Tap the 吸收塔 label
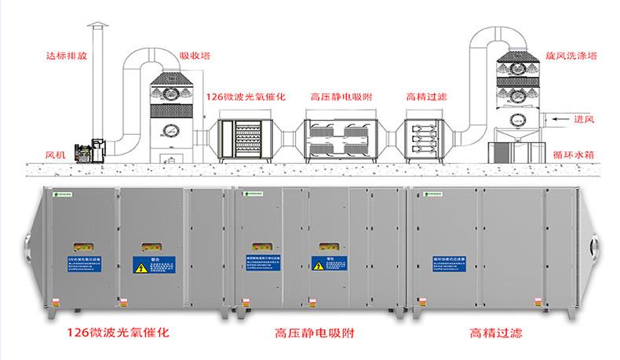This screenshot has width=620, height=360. pyautogui.click(x=195, y=56)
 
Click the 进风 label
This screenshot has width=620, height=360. pyautogui.click(x=585, y=119)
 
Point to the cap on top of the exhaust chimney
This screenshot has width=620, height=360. pyautogui.click(x=100, y=28)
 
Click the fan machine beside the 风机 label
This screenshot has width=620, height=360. pyautogui.click(x=85, y=151)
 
